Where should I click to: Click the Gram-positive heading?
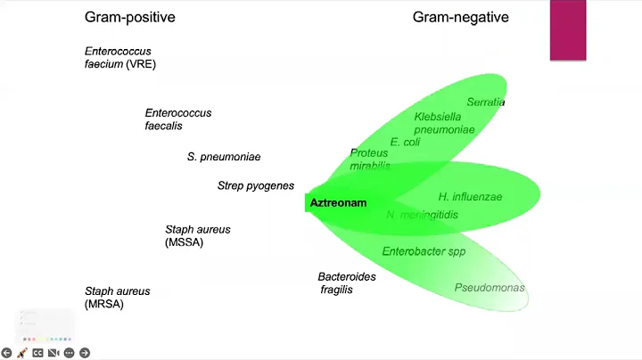pos(129,17)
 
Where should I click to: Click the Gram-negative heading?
pos(459,17)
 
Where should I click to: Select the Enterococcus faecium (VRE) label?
pos(120,58)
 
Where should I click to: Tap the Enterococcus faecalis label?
pos(178,119)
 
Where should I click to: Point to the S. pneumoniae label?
pos(224,157)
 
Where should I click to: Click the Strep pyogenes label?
pos(256,185)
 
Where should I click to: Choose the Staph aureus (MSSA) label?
pos(198,236)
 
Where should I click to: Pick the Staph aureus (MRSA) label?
pos(118,298)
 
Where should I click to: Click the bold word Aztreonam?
pos(338,203)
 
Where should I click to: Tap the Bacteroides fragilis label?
pos(347,283)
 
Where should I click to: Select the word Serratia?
pos(486,102)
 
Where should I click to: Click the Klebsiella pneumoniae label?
pos(445,123)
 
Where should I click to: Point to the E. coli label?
pos(405,142)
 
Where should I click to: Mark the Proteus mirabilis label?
pos(369,160)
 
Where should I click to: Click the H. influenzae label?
pos(470,196)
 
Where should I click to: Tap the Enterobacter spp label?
pos(424,251)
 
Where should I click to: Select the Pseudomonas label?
pos(490,288)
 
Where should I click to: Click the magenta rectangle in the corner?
pos(567,30)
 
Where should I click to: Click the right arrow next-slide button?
pos(85,353)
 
